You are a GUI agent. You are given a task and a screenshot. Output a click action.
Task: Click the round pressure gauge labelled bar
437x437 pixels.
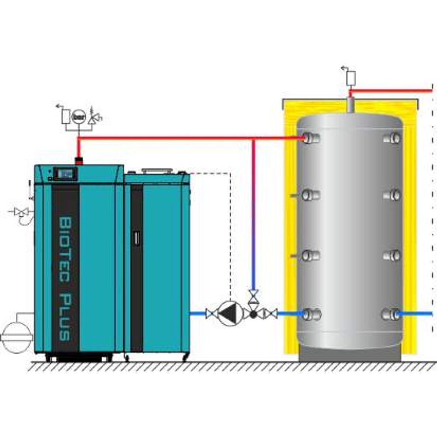[x=79, y=117]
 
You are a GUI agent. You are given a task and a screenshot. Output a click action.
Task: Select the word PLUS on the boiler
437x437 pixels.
[x=66, y=317]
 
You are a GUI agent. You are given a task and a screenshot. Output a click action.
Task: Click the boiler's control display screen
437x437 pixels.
[x=65, y=174]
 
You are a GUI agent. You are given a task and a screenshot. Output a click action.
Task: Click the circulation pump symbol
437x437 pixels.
[x=230, y=314]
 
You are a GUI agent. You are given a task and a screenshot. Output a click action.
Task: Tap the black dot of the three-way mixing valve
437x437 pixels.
[x=253, y=314]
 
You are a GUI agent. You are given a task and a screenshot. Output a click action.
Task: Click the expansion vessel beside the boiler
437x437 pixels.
[x=17, y=337]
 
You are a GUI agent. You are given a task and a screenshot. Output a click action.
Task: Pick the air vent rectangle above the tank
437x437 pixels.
[x=351, y=78]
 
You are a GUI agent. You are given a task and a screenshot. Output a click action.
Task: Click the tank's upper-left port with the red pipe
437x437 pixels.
[x=310, y=138]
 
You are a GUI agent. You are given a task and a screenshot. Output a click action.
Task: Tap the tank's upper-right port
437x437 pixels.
[x=392, y=138]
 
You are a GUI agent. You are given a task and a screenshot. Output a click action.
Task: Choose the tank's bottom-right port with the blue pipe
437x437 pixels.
[x=391, y=314]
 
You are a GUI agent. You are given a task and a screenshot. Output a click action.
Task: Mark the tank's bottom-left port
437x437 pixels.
[x=311, y=314]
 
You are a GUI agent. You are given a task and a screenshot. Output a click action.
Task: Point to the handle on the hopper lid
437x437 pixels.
[x=157, y=170]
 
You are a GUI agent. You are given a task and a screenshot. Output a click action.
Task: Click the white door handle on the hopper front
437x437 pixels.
[x=136, y=238]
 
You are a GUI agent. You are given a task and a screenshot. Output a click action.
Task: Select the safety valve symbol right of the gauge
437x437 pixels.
[x=94, y=117]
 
